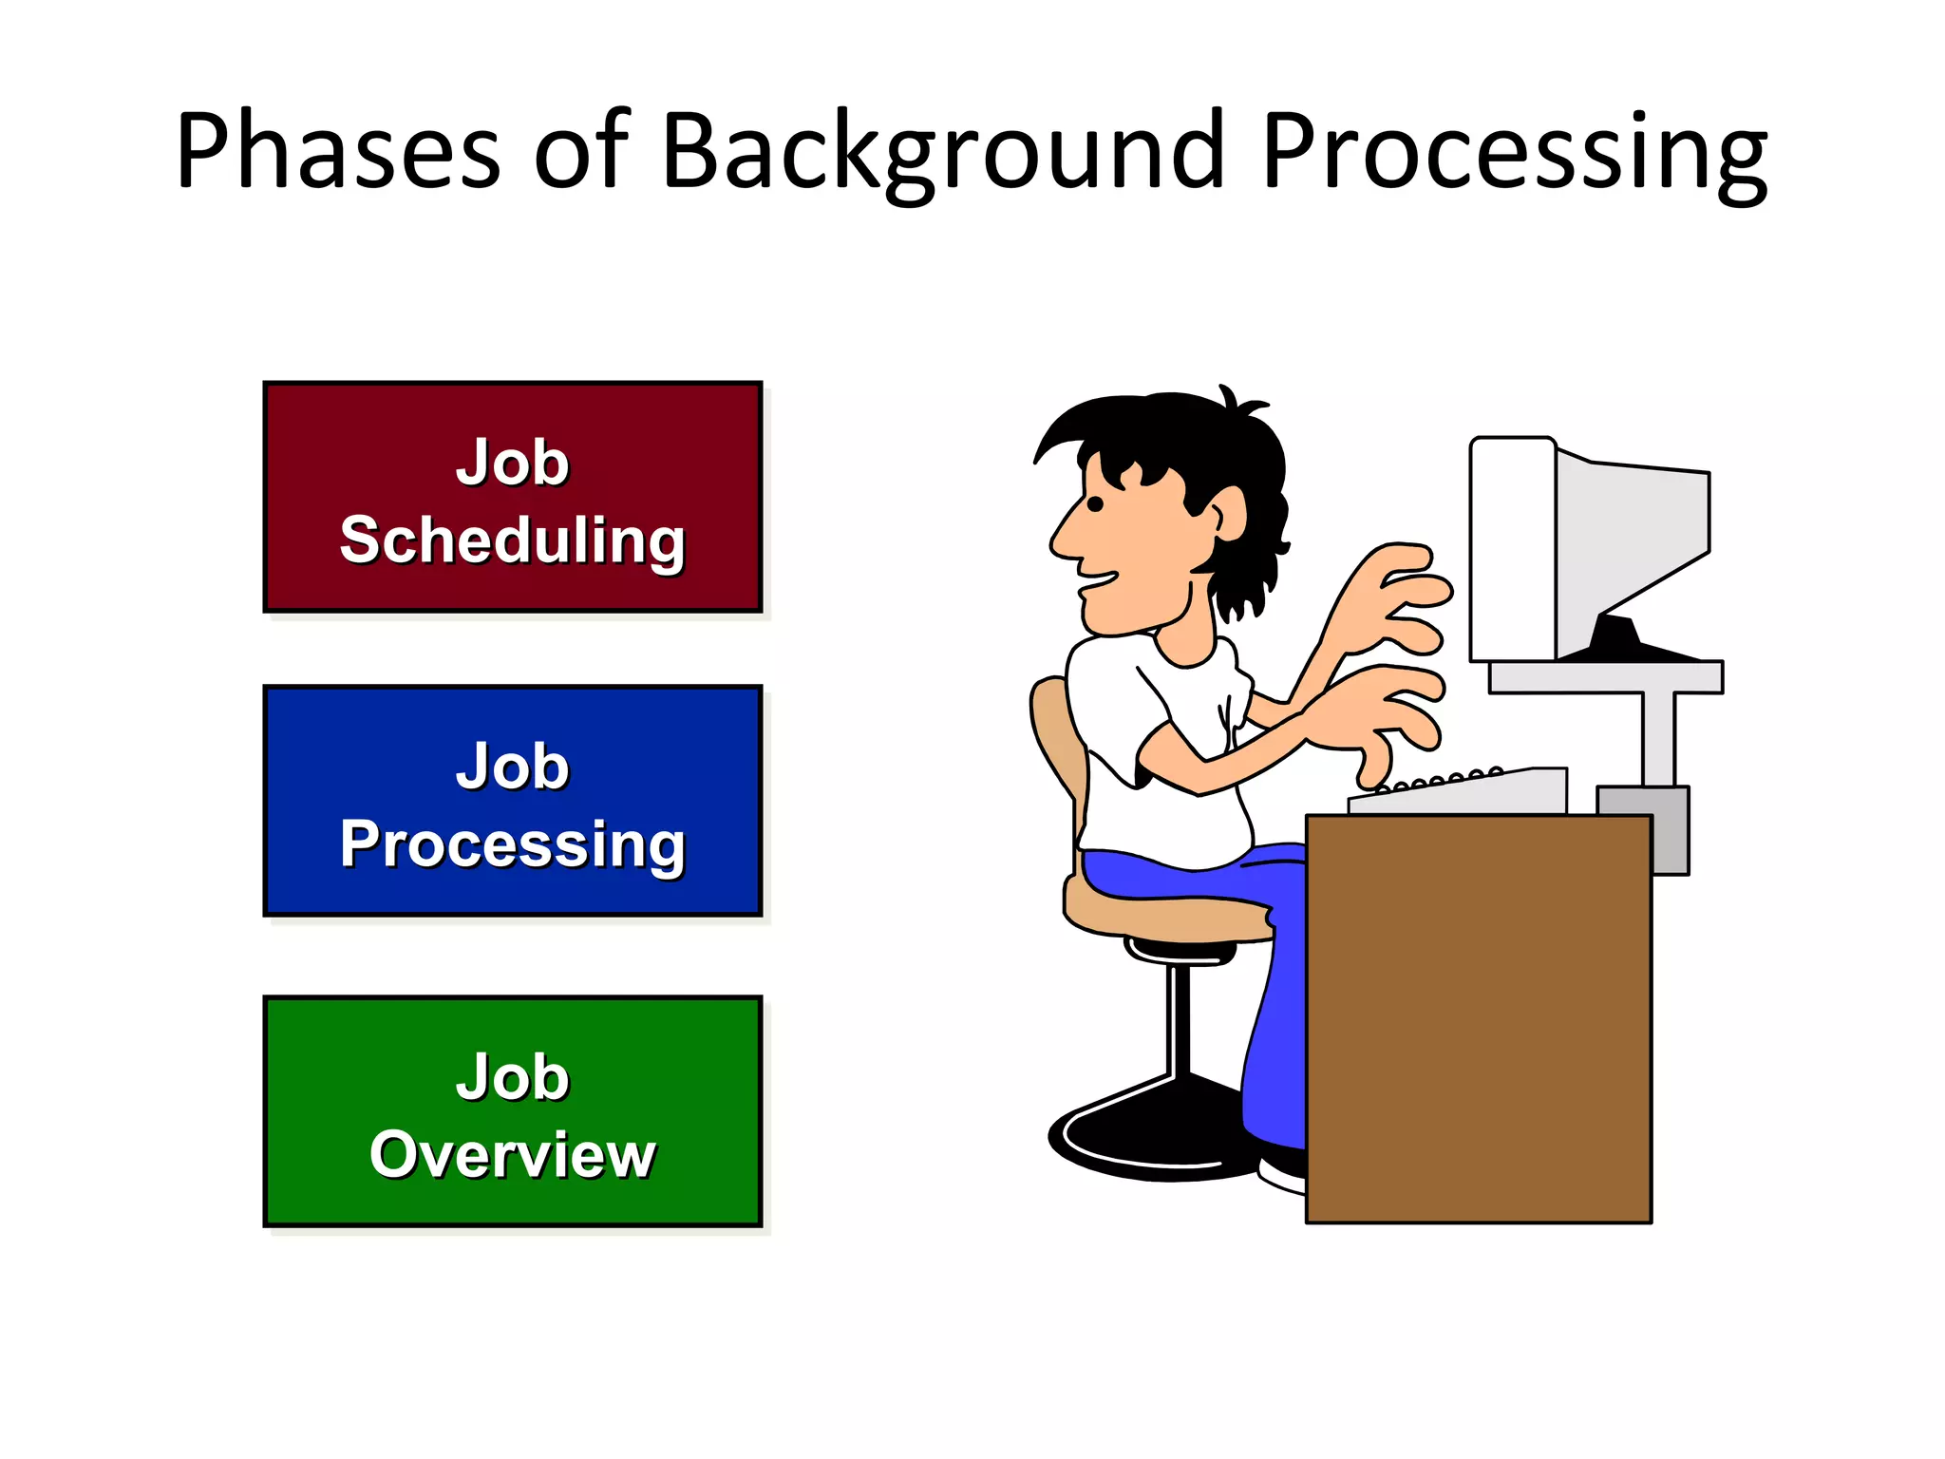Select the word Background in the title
click(x=940, y=152)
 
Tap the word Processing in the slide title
click(x=1514, y=152)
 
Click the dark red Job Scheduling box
click(x=513, y=497)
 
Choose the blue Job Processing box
click(x=513, y=801)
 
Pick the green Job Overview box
click(x=513, y=1111)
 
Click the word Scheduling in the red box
click(x=513, y=540)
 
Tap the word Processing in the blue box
click(x=513, y=843)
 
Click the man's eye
click(x=1095, y=504)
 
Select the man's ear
click(x=1231, y=514)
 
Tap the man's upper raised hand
click(x=1396, y=589)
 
